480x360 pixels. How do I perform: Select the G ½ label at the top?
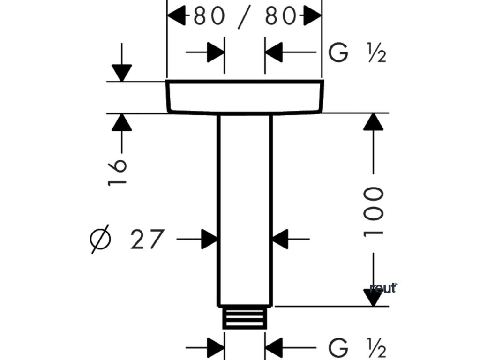(x=357, y=53)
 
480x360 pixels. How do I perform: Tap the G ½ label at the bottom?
(x=357, y=349)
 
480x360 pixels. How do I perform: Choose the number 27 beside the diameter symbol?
(x=148, y=240)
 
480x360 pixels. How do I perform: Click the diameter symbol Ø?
(x=100, y=240)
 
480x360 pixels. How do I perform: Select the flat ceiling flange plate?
(x=244, y=97)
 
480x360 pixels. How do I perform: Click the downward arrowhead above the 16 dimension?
(x=122, y=73)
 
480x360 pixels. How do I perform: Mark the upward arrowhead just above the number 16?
(x=122, y=122)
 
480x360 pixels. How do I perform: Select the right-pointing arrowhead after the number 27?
(x=209, y=240)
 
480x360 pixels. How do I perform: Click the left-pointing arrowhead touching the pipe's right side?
(x=280, y=240)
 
